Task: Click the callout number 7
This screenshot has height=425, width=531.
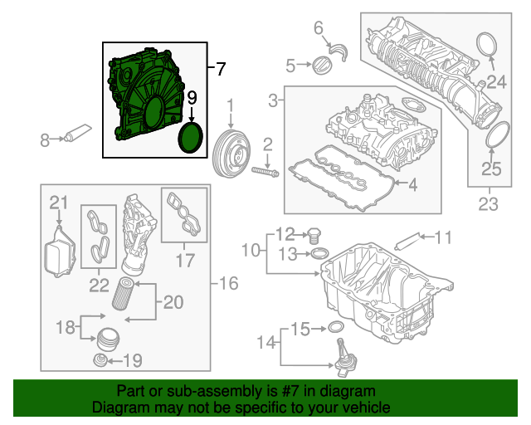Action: pos(220,70)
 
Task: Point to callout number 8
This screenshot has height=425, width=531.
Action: pos(45,141)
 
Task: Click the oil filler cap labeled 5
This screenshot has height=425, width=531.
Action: pos(320,66)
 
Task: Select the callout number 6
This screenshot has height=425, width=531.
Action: pos(318,30)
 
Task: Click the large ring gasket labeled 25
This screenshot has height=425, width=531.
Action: pos(495,134)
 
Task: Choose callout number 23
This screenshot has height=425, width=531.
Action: pos(488,203)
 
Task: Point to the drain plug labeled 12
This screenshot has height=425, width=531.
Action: pos(316,235)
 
